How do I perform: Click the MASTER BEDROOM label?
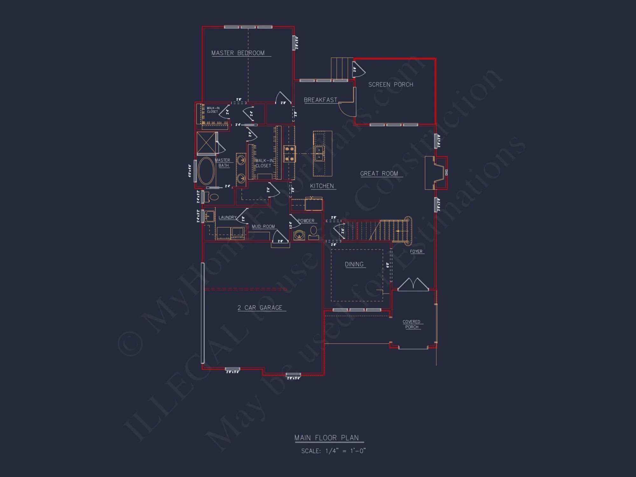[238, 53]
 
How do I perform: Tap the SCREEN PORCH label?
[391, 85]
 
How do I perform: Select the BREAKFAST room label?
[320, 100]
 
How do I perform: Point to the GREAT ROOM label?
[379, 174]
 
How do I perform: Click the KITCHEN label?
[322, 186]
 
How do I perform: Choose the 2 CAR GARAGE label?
[260, 308]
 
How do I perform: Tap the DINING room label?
[354, 264]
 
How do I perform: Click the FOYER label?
[416, 252]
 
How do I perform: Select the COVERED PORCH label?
[411, 324]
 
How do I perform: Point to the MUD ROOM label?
[263, 226]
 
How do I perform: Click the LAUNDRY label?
[227, 218]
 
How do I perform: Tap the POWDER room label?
[306, 221]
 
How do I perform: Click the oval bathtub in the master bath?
[206, 171]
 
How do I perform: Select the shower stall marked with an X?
[206, 143]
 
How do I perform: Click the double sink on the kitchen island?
[319, 154]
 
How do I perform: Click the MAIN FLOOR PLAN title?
[326, 438]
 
